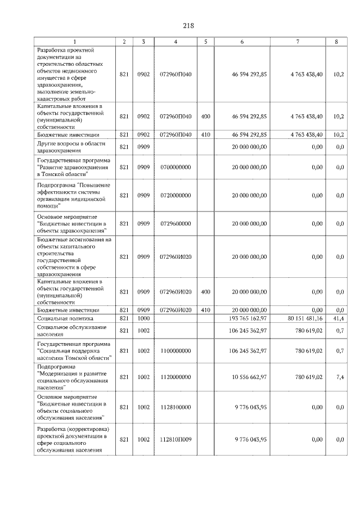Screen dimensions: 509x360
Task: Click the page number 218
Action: pos(188,25)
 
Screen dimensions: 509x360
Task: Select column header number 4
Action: pos(175,42)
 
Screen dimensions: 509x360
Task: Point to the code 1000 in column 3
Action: pos(143,318)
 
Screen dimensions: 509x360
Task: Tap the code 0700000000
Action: pos(175,167)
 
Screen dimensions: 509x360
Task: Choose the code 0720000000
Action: pos(175,195)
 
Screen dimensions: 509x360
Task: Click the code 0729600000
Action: pos(175,223)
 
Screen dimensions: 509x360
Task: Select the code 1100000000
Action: pos(175,350)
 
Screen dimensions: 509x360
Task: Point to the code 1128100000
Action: pos(175,407)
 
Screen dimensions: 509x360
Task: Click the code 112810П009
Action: pos(175,439)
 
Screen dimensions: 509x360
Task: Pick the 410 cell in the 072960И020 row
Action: pos(205,310)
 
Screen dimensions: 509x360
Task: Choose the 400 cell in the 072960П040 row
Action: pos(205,116)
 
